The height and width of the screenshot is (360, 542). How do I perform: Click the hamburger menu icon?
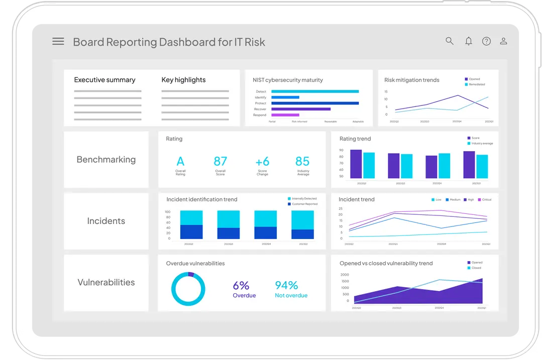click(58, 42)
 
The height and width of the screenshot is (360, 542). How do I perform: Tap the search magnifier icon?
click(450, 41)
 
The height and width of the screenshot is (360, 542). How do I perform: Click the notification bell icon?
click(468, 41)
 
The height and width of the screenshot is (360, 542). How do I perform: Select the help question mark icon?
click(486, 41)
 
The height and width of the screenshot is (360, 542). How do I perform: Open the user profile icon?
click(503, 41)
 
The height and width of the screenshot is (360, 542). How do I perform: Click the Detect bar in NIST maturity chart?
click(315, 91)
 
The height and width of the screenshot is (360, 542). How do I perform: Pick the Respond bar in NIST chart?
click(285, 115)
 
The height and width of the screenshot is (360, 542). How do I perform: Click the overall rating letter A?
click(180, 161)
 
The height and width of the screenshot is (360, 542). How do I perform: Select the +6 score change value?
click(262, 161)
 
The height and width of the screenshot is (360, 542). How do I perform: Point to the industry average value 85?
click(302, 161)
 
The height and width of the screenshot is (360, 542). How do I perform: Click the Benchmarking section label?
click(106, 160)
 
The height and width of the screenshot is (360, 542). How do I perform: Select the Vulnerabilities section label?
click(106, 282)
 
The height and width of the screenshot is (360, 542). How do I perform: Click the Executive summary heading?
click(104, 80)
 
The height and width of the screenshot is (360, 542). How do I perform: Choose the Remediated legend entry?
click(477, 84)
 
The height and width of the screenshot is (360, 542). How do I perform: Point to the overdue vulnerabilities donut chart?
click(188, 289)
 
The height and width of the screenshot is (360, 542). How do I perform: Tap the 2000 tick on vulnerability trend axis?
click(345, 275)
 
